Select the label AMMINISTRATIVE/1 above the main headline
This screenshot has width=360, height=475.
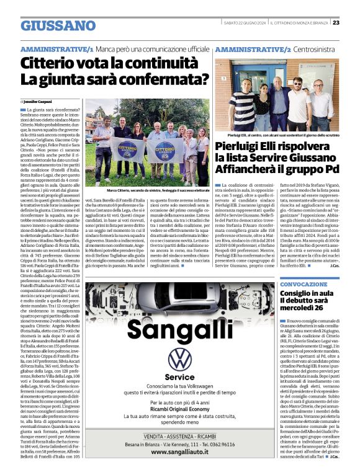tap(56, 48)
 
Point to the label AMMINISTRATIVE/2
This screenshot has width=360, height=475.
tap(254, 48)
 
